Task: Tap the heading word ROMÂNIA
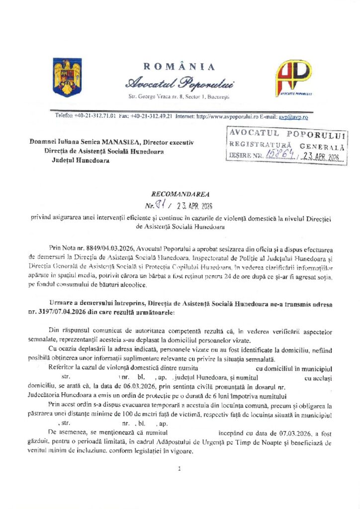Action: click(180, 67)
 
